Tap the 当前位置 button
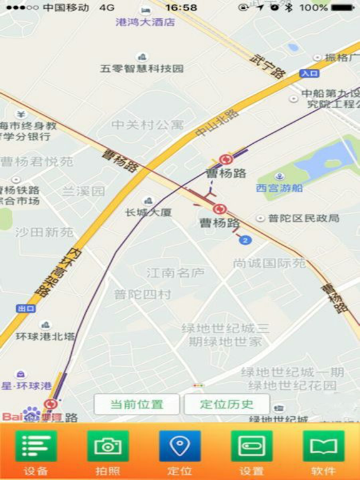click(137, 404)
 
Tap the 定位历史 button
click(227, 404)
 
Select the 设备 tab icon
click(36, 446)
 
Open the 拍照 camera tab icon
click(107, 446)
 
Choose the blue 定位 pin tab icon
click(180, 446)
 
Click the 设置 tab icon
click(251, 446)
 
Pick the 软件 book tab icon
click(324, 446)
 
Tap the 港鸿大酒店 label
click(146, 22)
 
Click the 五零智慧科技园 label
click(142, 68)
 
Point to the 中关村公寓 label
click(148, 124)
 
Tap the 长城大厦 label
click(148, 212)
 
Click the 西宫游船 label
click(279, 187)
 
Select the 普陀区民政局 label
click(303, 218)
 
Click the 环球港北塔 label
click(46, 336)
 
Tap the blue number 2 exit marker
click(246, 240)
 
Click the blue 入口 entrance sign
click(309, 73)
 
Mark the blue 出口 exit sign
click(26, 309)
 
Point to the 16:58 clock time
click(181, 7)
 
